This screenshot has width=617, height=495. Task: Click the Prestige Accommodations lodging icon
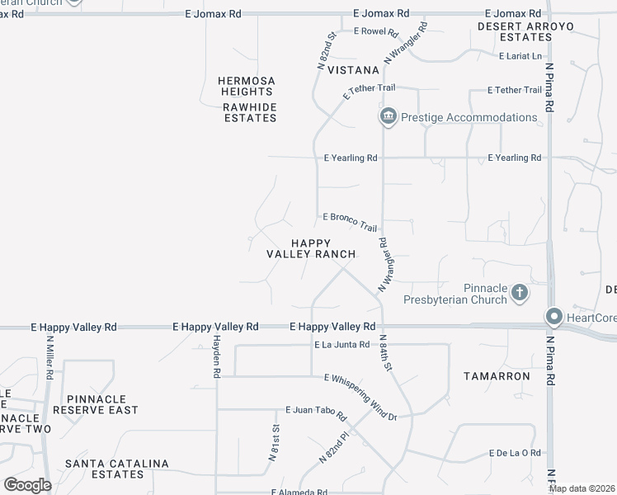389,117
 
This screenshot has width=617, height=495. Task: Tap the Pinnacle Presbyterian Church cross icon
520,292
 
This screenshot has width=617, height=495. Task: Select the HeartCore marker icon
554,317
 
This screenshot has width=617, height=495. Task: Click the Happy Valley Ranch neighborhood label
310,248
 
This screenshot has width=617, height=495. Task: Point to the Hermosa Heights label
246,86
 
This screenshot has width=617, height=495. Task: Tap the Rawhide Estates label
250,112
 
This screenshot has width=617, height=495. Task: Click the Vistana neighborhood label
352,71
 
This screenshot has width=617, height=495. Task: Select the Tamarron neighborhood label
497,375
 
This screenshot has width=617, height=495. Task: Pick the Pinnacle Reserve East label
96,403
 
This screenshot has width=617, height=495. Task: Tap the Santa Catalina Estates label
117,469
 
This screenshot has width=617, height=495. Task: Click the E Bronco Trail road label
350,221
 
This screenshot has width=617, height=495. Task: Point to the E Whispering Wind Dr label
360,387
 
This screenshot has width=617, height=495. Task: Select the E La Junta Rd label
341,345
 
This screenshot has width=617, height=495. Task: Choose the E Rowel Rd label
375,33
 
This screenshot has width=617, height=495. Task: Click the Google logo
27,485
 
